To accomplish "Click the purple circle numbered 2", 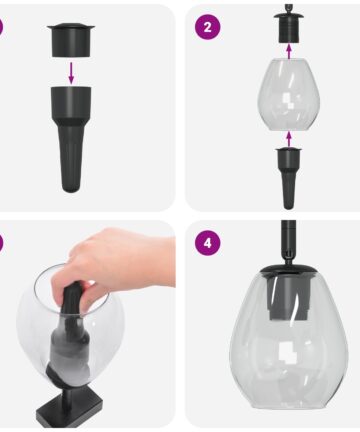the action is coord(207,27).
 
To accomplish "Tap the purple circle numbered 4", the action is coord(207,243).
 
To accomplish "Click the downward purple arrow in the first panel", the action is coord(71,72).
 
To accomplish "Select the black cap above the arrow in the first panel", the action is coord(71,40).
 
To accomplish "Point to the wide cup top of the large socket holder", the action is coord(71,101).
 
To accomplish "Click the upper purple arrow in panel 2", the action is coord(289,52).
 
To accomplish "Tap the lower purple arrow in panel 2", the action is coord(289,139).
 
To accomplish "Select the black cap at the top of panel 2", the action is coord(289,28).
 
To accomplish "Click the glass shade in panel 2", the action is coord(289,94).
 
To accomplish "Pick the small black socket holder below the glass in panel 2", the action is coord(289,178).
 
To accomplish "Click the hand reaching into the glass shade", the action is coord(118,263).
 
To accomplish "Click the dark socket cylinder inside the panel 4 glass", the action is coord(288,298).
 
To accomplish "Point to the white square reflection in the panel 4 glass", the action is coord(287,353).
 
